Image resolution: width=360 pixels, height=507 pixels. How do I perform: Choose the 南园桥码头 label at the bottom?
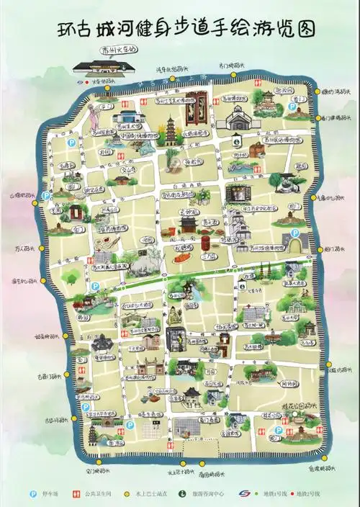[x=212, y=475]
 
